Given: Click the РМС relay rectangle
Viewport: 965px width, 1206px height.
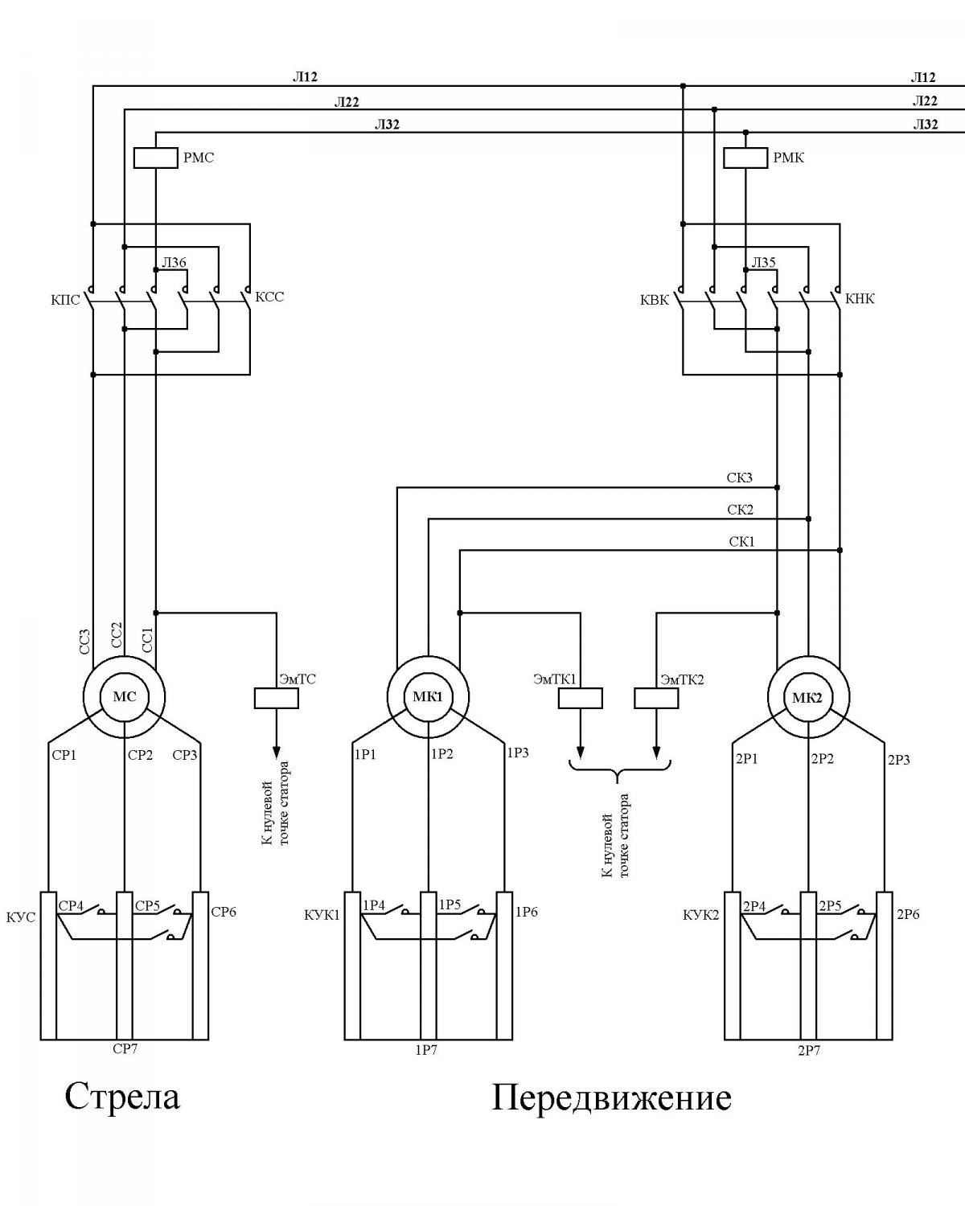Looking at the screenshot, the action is pos(155,158).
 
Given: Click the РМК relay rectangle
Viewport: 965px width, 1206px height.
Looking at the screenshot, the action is pos(745,158).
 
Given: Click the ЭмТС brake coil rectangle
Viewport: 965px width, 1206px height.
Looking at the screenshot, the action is pos(276,698).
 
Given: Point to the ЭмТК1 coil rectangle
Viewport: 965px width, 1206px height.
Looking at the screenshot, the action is pos(581,698).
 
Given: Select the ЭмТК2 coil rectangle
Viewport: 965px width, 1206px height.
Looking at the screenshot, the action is pos(656,698).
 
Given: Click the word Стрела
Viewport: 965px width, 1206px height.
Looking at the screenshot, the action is pos(122,1097).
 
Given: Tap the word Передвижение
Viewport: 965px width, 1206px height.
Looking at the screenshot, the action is pos(612,1098).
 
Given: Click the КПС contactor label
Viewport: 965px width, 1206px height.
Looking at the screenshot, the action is pos(65,301).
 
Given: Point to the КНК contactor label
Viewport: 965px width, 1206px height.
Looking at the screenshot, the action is pos(860,299).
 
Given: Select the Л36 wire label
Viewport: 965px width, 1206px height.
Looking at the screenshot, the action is pos(174,262).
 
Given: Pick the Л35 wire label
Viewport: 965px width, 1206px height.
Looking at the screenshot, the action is pos(764,262).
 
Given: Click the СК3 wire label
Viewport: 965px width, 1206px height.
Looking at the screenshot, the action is pos(740,478).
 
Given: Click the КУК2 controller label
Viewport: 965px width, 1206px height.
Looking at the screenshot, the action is pos(701,916).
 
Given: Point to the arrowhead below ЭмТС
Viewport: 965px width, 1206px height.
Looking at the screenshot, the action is pos(276,752).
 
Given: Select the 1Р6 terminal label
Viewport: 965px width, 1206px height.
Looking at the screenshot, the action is pos(527,913).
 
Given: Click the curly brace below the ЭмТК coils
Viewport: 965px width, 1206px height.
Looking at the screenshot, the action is pos(618,771).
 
